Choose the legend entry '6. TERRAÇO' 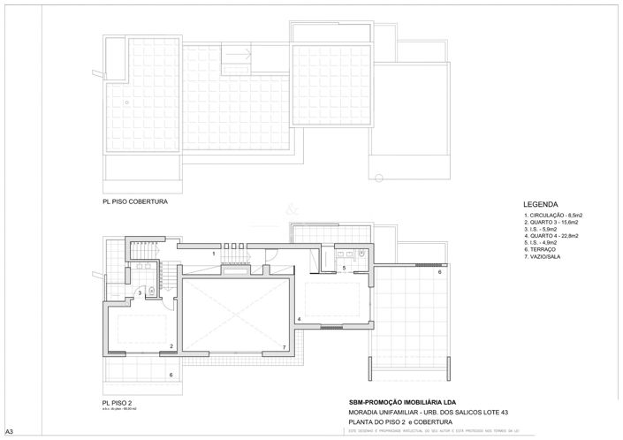point(541,251)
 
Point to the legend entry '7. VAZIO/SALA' point(545,258)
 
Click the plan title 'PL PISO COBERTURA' point(134,201)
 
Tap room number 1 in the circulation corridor point(213,254)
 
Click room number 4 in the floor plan point(299,318)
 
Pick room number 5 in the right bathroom point(344,267)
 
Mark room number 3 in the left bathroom point(140,292)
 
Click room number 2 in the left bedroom point(171,345)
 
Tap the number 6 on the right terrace point(438,272)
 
